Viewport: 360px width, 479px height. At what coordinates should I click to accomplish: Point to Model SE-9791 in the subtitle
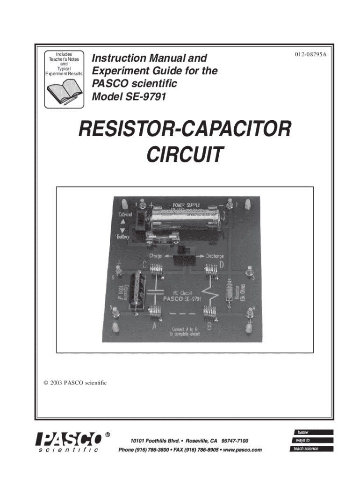pos(129,97)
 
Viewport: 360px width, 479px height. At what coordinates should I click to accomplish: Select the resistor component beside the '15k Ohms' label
pos(229,293)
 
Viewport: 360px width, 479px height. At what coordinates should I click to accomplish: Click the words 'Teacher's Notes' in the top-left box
pos(65,59)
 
